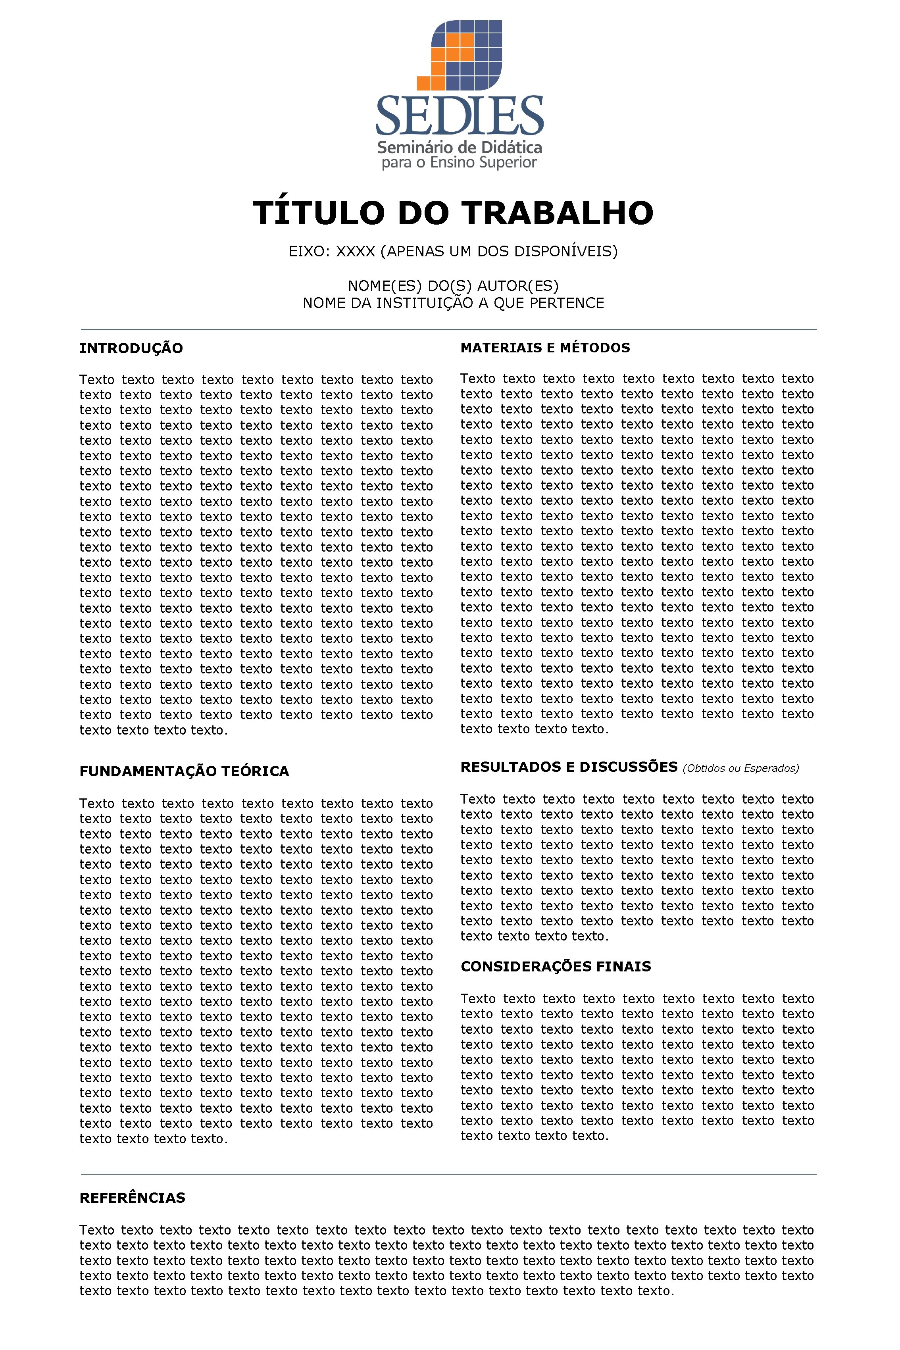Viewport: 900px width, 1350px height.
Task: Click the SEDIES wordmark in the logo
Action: (459, 115)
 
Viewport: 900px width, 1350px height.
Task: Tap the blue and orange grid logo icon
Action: (459, 55)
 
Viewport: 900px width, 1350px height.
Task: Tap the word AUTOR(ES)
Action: (518, 286)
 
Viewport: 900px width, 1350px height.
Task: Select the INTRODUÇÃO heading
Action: (131, 348)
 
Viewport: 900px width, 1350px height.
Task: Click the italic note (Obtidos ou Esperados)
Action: (740, 769)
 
